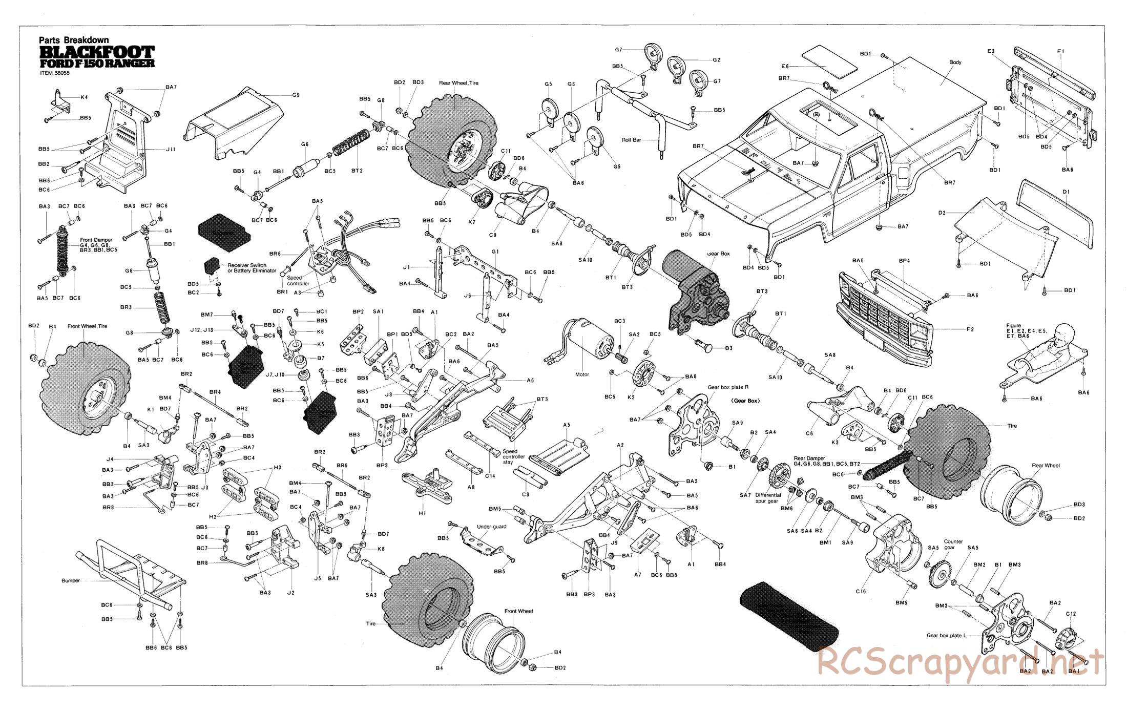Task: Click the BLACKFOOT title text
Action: point(97,52)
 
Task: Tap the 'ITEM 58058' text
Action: point(54,73)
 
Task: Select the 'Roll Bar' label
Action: point(632,139)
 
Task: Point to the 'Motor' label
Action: point(582,374)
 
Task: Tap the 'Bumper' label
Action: point(71,580)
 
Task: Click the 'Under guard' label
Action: point(490,527)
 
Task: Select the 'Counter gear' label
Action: point(953,545)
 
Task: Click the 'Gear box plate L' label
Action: point(946,635)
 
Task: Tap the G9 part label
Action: point(296,95)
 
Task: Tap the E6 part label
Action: point(785,66)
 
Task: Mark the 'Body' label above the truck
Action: point(955,62)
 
